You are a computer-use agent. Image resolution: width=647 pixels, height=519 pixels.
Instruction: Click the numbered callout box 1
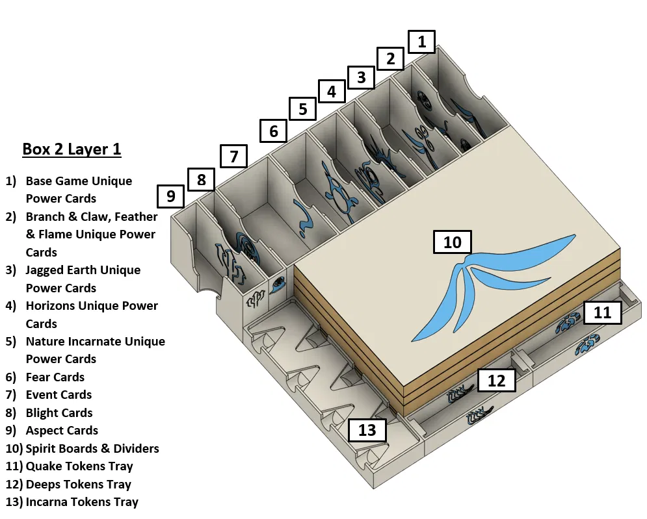[421, 42]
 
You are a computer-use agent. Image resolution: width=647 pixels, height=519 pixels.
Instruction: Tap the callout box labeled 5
[302, 108]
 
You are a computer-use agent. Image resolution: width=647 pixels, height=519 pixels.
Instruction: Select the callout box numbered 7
[234, 156]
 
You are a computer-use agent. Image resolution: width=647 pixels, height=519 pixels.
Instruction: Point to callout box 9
[170, 196]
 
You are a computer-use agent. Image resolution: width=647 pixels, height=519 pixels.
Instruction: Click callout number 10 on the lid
[452, 242]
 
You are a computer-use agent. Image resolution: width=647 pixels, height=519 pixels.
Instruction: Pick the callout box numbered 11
[602, 312]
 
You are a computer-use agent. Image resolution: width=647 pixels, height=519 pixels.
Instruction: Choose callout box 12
[496, 381]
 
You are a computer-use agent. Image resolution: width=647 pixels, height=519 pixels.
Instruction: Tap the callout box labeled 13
[367, 429]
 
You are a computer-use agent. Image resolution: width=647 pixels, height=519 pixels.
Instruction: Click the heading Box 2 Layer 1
[72, 149]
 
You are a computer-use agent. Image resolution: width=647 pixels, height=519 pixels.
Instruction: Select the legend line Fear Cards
[55, 377]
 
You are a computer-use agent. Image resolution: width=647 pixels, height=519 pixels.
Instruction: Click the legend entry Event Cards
[59, 394]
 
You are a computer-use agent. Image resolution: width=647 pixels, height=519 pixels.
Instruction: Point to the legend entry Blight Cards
[59, 412]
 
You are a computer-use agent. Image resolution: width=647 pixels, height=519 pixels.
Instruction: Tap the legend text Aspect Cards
[62, 430]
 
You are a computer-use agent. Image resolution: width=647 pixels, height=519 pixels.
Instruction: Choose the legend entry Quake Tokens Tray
[79, 466]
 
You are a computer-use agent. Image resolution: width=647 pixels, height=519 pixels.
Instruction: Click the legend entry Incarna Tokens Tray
[81, 501]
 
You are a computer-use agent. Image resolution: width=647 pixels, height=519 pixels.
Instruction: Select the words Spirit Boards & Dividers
[92, 448]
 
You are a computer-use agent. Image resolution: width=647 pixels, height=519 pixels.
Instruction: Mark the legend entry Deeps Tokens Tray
[78, 484]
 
